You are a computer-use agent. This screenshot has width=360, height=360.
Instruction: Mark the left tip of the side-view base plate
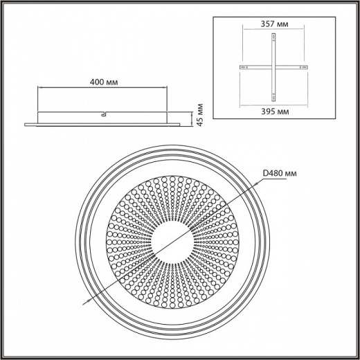coord(25,124)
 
